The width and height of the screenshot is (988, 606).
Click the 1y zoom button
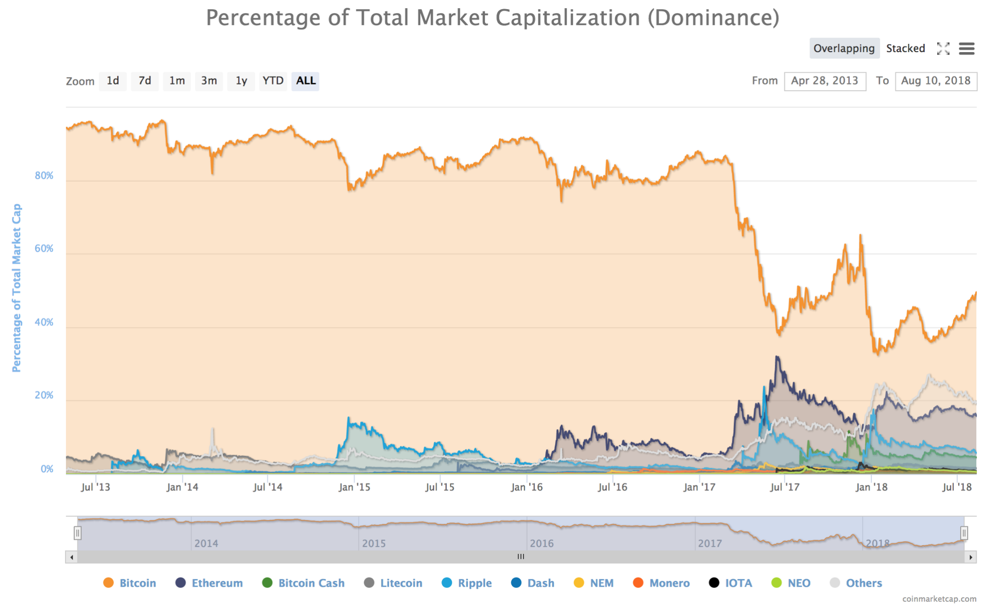[241, 81]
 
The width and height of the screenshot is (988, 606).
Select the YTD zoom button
[273, 81]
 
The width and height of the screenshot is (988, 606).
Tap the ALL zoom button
[305, 81]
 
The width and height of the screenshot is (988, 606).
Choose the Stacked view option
[905, 48]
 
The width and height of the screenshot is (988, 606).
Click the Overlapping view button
[844, 48]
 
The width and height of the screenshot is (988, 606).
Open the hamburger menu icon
[966, 48]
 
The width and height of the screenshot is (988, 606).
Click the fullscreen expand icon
[943, 48]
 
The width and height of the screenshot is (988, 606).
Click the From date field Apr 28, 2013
[824, 81]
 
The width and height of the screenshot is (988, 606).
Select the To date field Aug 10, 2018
[935, 81]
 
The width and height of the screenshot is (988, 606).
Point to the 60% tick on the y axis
[44, 249]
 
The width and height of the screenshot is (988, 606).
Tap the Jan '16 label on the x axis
[526, 487]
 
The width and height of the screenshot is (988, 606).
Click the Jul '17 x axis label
[784, 487]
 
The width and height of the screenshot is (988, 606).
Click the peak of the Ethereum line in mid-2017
[777, 357]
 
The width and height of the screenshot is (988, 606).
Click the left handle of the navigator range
[77, 533]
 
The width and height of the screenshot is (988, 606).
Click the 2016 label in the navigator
[541, 543]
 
